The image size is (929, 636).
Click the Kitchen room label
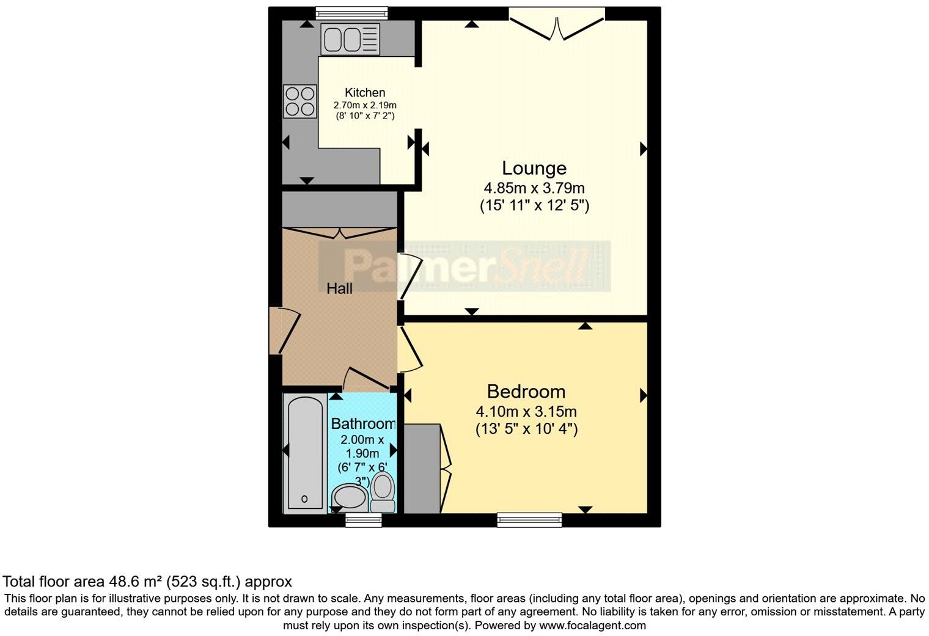click(365, 93)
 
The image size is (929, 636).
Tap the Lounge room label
click(534, 168)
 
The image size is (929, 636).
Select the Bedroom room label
click(526, 392)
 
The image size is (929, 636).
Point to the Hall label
click(339, 288)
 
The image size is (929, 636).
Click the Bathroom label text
click(363, 423)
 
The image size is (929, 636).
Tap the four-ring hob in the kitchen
click(299, 101)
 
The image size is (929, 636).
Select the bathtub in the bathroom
click(304, 452)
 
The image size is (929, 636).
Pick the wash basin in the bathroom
click(348, 497)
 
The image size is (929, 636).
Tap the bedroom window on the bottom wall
click(529, 520)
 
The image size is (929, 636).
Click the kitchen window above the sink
click(351, 13)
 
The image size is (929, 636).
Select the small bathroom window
click(363, 520)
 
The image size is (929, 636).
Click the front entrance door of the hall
click(276, 331)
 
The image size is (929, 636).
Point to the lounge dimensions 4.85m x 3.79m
click(534, 188)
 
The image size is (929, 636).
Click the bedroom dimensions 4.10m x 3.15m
click(526, 412)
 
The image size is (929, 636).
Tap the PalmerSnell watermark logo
click(464, 266)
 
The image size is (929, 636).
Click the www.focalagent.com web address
click(592, 626)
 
